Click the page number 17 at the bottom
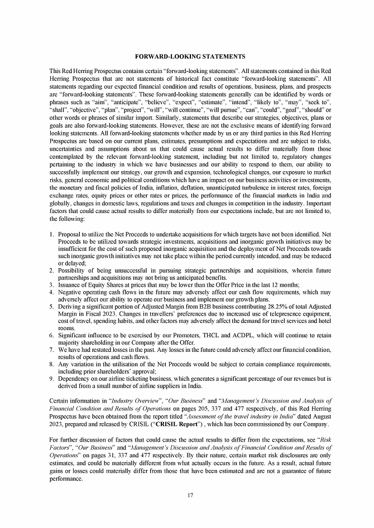click(190, 496)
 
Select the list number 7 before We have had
click(52, 349)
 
